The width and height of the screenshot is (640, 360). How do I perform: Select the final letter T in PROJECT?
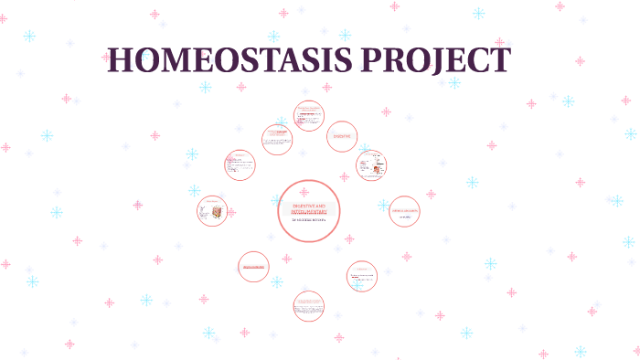coord(498,60)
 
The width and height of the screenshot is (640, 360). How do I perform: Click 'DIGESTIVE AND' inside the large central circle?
coord(309,206)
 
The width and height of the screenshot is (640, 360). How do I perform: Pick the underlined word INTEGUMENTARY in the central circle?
coord(309,213)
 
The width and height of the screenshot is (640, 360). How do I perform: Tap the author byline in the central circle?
coord(309,220)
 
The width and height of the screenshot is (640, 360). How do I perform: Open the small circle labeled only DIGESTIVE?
coord(342,136)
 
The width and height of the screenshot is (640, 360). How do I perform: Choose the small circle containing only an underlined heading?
coord(253,267)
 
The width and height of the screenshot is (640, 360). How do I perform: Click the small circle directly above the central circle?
coord(308,116)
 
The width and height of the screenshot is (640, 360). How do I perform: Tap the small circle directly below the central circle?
coord(308,306)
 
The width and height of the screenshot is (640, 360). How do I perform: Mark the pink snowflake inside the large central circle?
coord(304,192)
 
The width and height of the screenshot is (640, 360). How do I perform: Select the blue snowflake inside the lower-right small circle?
coord(357,285)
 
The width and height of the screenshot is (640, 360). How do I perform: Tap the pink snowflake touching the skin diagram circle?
coord(230,213)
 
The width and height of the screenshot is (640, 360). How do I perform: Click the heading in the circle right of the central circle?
coord(403,210)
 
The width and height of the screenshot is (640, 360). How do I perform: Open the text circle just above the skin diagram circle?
coord(240,165)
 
